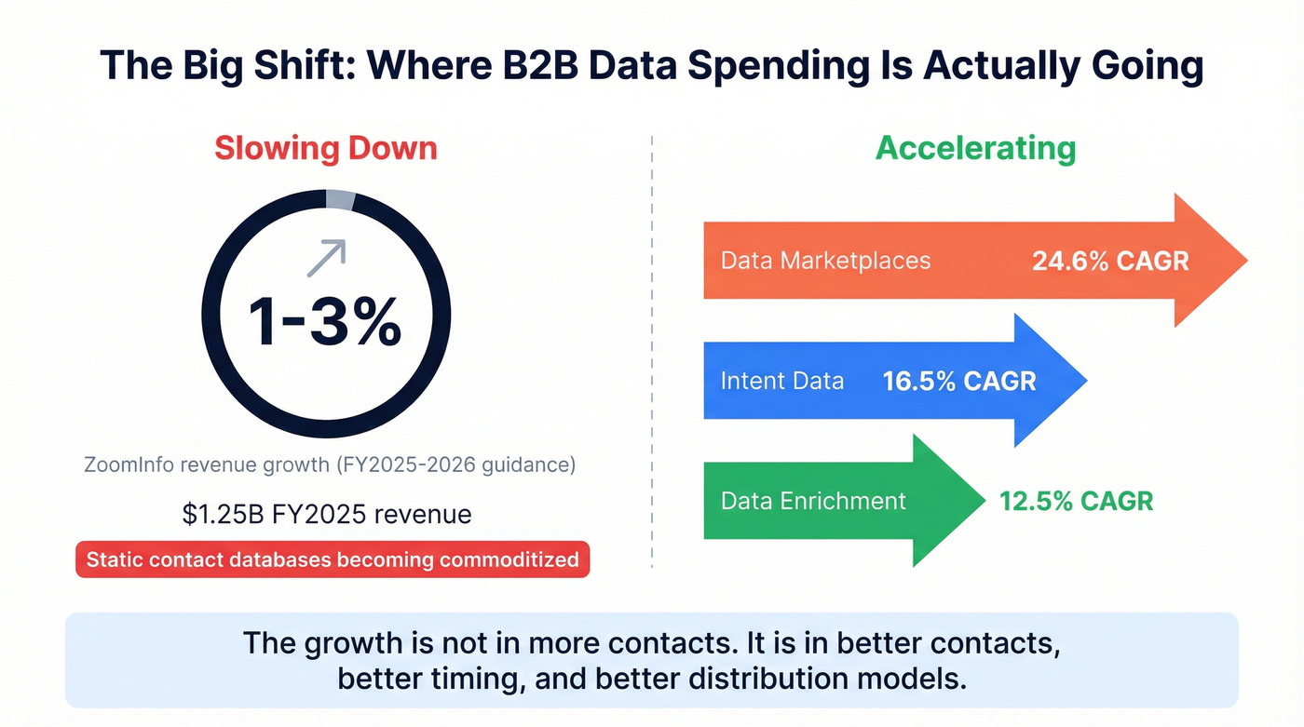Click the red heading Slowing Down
coord(325,149)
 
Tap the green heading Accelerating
coord(976,148)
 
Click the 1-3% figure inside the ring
coord(325,321)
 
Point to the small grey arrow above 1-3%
coord(327,257)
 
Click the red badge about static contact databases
coord(333,559)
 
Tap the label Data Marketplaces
coord(825,260)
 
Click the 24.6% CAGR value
coord(1110,261)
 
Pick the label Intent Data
coord(782,381)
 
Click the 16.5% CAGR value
coord(959,382)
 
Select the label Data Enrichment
coord(813,501)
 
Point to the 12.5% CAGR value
coord(1076,501)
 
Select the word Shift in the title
coord(284,67)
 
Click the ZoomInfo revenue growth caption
coord(329,464)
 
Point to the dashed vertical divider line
coord(652,354)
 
